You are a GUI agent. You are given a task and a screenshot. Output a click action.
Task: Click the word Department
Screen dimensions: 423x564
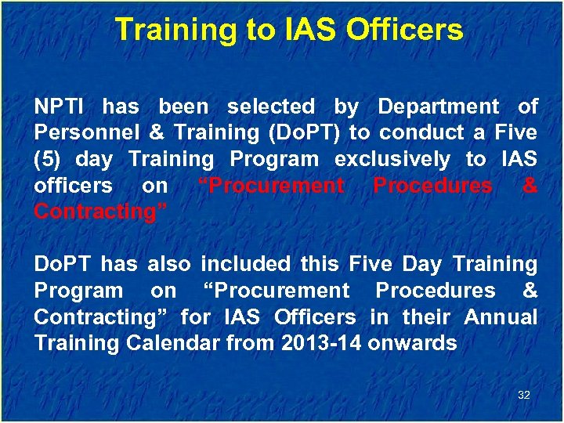(438, 107)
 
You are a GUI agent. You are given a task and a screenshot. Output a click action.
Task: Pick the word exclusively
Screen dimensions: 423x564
(392, 159)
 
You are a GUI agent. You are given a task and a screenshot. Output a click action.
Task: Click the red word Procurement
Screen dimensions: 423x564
(271, 186)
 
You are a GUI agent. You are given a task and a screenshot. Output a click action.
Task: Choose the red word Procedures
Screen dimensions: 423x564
(432, 186)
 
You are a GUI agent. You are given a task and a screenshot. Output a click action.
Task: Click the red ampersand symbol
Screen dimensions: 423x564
(530, 186)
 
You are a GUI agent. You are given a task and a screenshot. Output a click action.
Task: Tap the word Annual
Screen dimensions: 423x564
(501, 317)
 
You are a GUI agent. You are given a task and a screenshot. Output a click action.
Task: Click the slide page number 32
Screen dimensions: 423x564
(523, 396)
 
